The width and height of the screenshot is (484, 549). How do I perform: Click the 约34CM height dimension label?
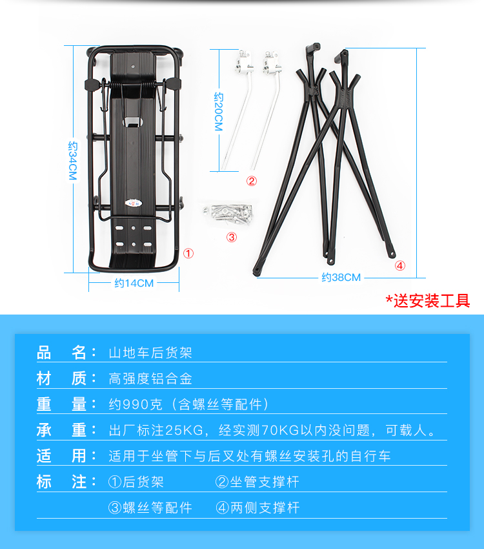[x=72, y=161]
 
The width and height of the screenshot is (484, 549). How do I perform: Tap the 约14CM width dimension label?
[x=134, y=283]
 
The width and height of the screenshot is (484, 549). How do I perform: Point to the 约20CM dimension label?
[x=219, y=112]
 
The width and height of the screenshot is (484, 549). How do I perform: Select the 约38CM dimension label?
[x=341, y=277]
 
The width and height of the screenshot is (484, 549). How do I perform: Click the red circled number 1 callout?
[x=188, y=253]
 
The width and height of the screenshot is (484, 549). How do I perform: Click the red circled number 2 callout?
[x=252, y=181]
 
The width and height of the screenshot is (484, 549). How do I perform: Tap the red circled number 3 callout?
[x=232, y=237]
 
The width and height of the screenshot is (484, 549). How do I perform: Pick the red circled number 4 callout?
[x=400, y=265]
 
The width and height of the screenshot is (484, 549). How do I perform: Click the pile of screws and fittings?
[x=228, y=213]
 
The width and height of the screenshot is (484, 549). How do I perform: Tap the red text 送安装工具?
[x=432, y=301]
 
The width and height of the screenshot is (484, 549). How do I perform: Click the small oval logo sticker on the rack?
[x=134, y=203]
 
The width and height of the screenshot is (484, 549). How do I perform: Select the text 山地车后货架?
[x=150, y=353]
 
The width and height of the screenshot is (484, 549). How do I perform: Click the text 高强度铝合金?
[x=150, y=378]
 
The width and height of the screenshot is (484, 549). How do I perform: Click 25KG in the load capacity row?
[x=184, y=430]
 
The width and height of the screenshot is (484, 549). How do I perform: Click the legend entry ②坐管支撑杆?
[x=257, y=482]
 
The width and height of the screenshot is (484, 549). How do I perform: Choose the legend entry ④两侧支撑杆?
[x=257, y=508]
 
